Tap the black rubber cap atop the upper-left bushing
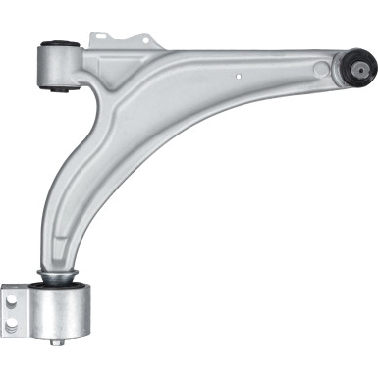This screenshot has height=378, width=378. tap(58, 43)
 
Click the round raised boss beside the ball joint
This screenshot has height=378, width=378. tap(322, 68)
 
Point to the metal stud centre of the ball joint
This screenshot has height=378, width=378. tap(363, 70)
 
